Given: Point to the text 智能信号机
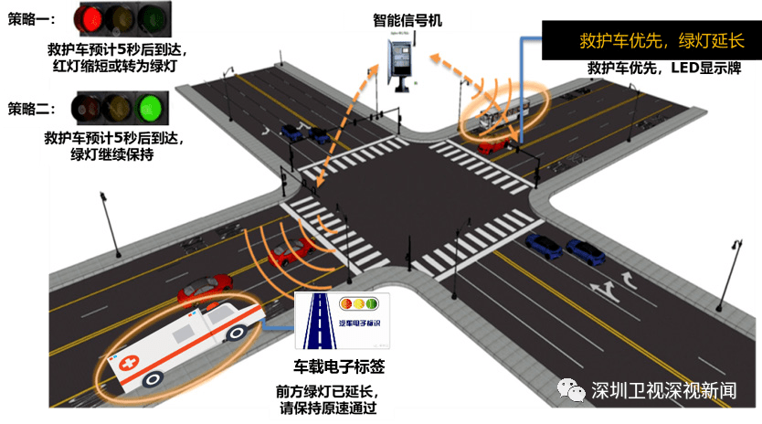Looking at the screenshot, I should click(x=407, y=20).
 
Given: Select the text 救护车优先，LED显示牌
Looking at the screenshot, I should click(x=651, y=69).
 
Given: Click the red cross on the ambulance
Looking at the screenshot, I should click(x=130, y=364).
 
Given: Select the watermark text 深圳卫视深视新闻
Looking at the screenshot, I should click(x=663, y=390).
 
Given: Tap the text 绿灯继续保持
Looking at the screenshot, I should click(x=112, y=154).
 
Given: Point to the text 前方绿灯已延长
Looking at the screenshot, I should click(x=326, y=390).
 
